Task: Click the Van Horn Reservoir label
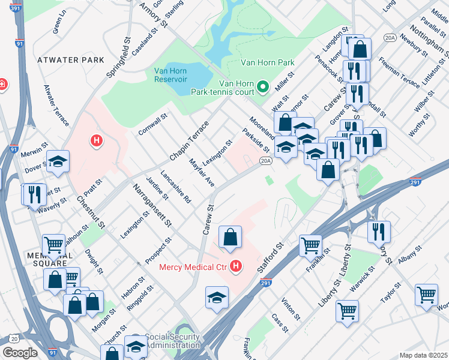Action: tap(171, 74)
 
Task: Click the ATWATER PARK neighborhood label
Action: tap(71, 61)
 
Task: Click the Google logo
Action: tap(20, 353)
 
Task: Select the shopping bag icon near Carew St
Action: tap(231, 238)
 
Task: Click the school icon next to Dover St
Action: tap(58, 161)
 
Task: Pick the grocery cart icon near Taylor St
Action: tap(426, 295)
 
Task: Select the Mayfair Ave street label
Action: tap(202, 172)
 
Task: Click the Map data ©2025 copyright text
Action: tap(424, 355)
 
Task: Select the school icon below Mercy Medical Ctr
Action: tap(217, 298)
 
